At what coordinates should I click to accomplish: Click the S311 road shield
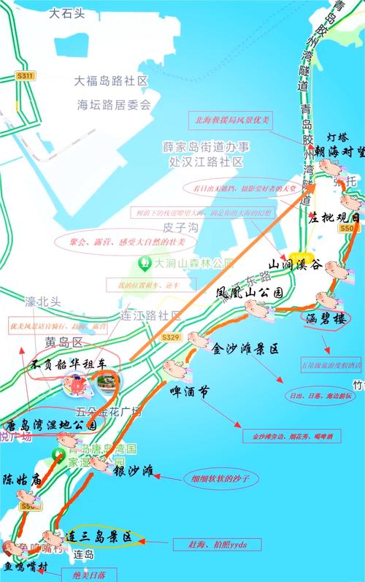(x=26, y=75)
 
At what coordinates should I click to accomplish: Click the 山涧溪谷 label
(x=296, y=265)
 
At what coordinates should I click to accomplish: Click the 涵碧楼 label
(x=327, y=319)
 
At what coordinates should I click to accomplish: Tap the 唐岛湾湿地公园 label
(x=51, y=425)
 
